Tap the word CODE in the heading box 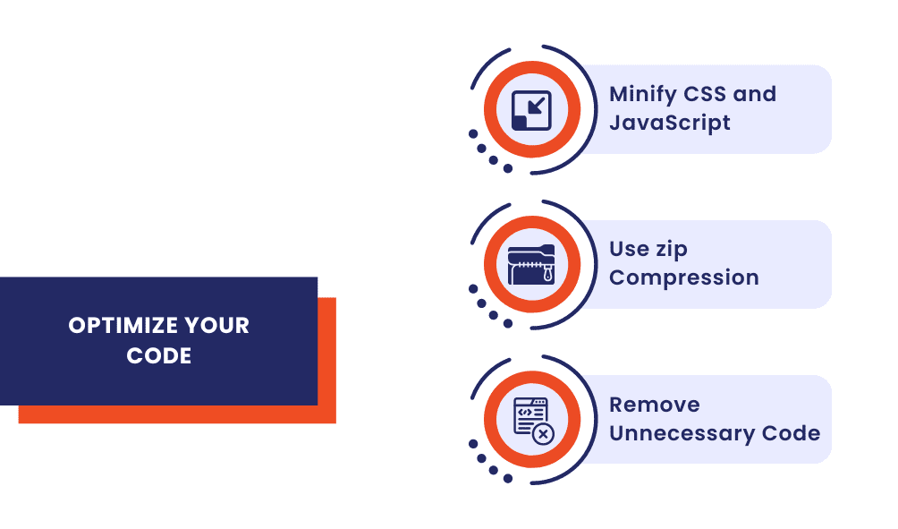pyautogui.click(x=159, y=356)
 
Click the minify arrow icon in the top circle pyautogui.click(x=531, y=110)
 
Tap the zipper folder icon pyautogui.click(x=531, y=265)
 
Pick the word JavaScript pyautogui.click(x=670, y=123)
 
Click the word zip pyautogui.click(x=668, y=250)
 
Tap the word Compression pyautogui.click(x=684, y=277)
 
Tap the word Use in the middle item pyautogui.click(x=628, y=249)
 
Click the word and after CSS pyautogui.click(x=757, y=94)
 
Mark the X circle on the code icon pyautogui.click(x=543, y=433)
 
